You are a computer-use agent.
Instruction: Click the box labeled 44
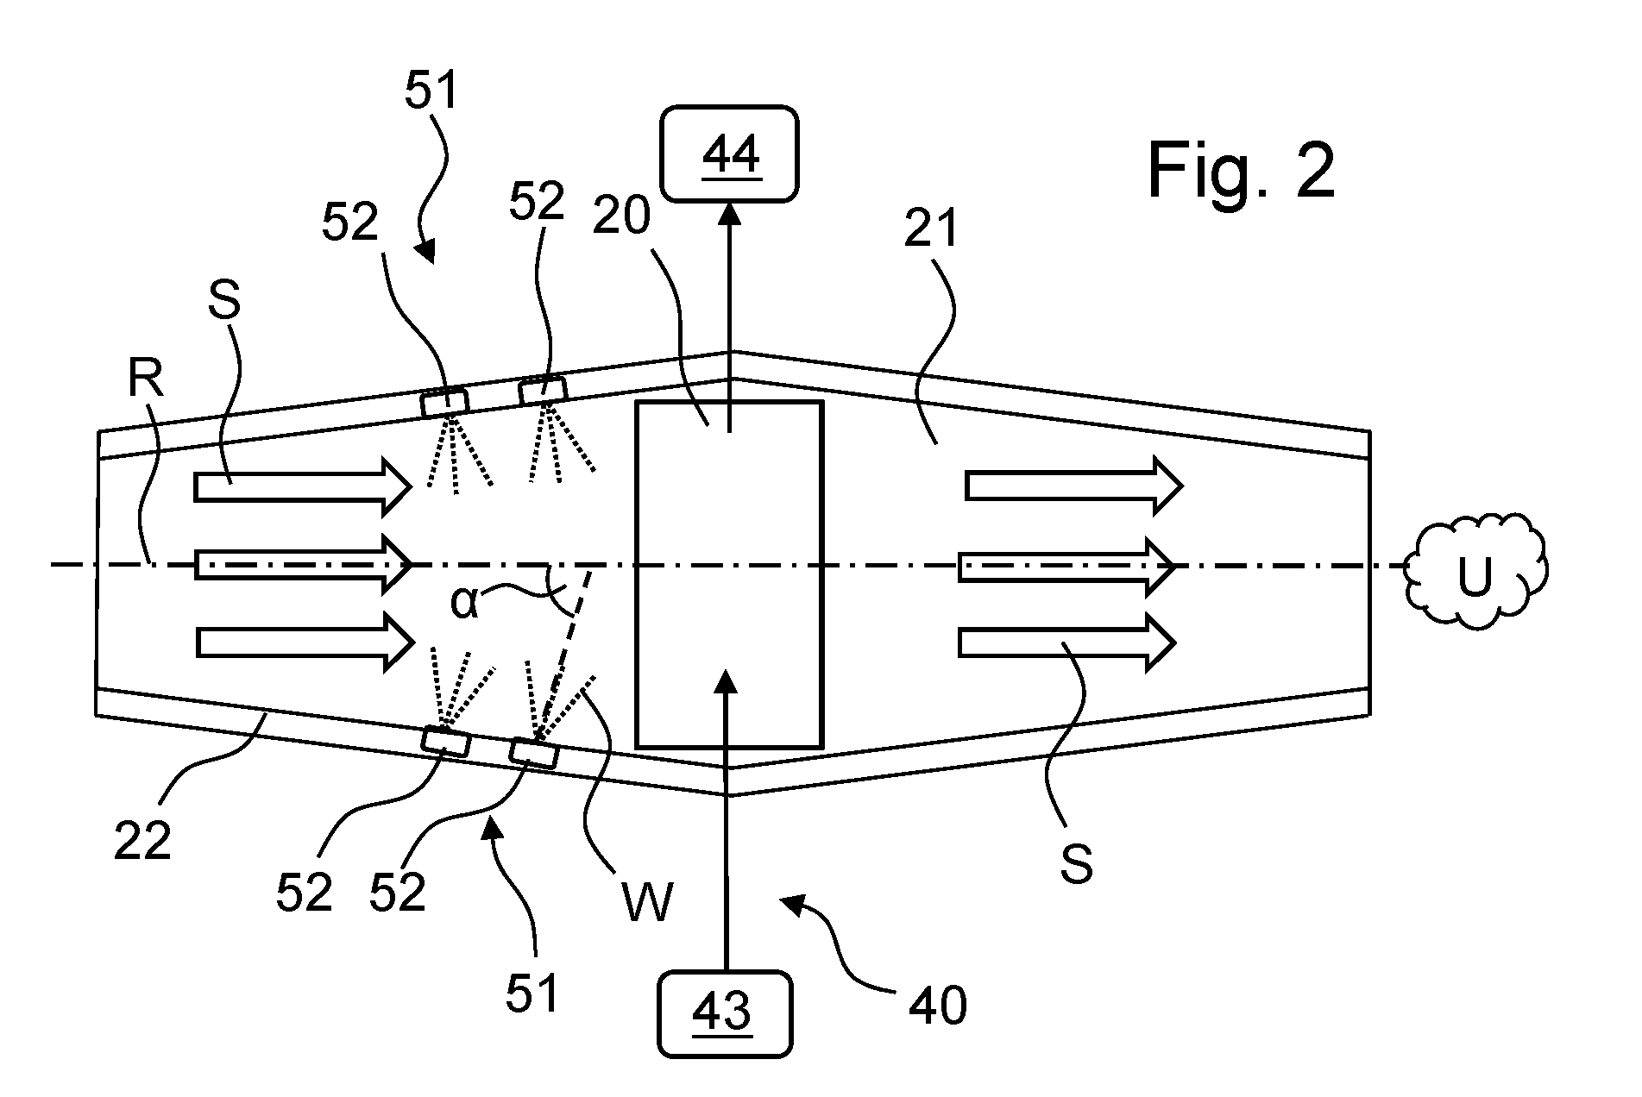tap(730, 154)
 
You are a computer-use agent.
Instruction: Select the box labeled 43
tap(725, 1014)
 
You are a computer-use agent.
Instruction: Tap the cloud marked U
tap(1476, 569)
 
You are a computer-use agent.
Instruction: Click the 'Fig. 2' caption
tap(1242, 170)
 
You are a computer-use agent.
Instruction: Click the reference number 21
tap(932, 229)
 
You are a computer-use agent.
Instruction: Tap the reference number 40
tap(938, 1004)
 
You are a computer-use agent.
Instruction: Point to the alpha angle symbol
tap(463, 602)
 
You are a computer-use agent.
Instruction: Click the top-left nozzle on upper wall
tap(445, 403)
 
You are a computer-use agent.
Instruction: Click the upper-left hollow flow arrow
tap(303, 487)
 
